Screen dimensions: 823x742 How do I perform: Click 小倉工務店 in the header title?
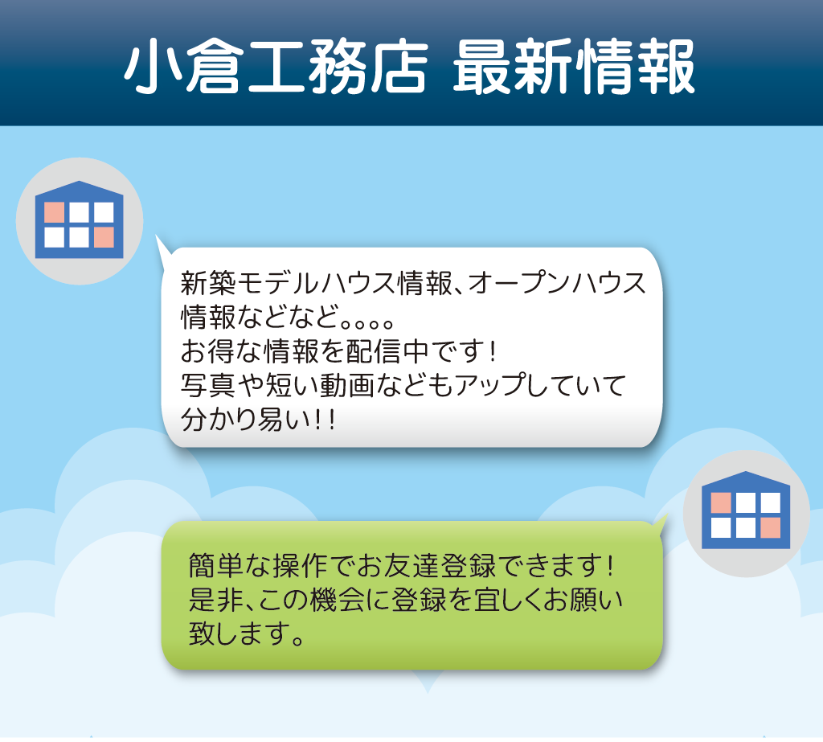click(x=276, y=67)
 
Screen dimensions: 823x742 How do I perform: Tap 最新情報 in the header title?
click(x=574, y=67)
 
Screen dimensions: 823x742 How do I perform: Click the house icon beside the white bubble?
click(x=80, y=220)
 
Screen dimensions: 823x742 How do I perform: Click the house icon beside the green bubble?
click(x=746, y=510)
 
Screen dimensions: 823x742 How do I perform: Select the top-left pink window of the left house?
click(x=54, y=213)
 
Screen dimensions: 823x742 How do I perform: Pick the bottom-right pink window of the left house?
click(x=104, y=237)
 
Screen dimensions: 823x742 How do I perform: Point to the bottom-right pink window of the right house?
click(x=771, y=527)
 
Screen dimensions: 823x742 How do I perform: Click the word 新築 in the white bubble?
click(x=208, y=284)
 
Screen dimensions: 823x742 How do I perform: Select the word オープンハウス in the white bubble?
click(x=557, y=284)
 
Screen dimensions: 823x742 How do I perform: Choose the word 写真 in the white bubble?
click(x=208, y=385)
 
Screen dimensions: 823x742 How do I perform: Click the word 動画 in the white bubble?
click(x=347, y=385)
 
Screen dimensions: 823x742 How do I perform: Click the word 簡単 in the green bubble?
click(x=215, y=566)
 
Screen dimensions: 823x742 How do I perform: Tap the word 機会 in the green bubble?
click(x=337, y=601)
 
